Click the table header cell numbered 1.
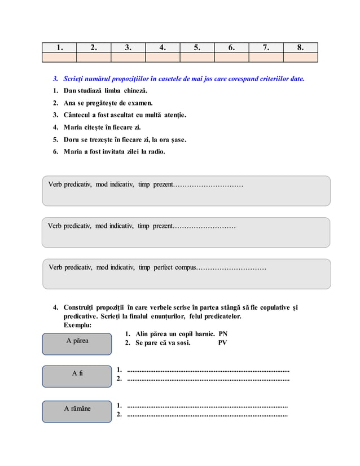click(x=59, y=47)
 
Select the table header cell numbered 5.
click(x=197, y=47)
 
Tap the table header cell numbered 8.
click(x=300, y=47)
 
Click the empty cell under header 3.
click(x=128, y=57)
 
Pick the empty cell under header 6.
click(x=231, y=57)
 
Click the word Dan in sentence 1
click(x=71, y=91)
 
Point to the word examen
click(x=139, y=103)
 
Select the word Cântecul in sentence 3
click(x=79, y=115)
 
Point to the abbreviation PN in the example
click(x=222, y=334)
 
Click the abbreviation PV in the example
click(x=222, y=342)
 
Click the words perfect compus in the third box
click(x=174, y=267)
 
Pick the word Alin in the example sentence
click(x=143, y=334)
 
